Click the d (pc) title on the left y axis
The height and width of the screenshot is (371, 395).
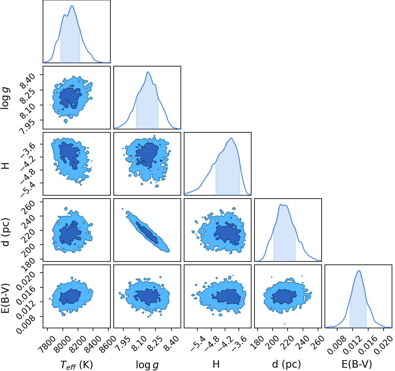coord(6,232)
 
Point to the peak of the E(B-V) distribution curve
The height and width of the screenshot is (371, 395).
coord(359,270)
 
